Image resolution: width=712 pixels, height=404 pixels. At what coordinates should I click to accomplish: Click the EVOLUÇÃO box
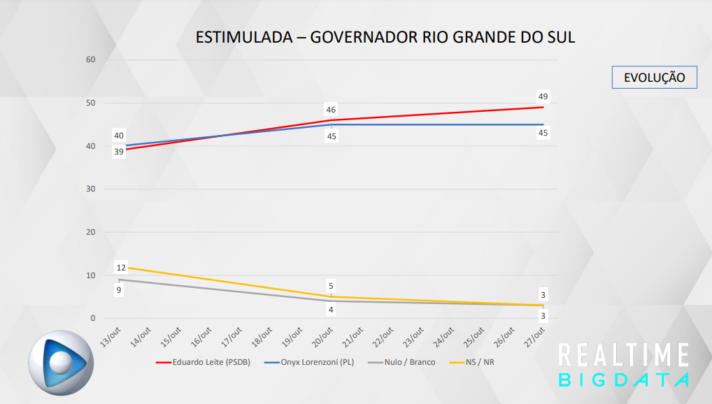(x=654, y=78)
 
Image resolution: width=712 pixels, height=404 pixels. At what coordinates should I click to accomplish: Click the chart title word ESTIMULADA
(x=242, y=37)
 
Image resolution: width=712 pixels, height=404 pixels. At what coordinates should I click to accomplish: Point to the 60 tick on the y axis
(x=91, y=60)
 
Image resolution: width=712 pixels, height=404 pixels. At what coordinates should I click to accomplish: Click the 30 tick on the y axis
(x=91, y=189)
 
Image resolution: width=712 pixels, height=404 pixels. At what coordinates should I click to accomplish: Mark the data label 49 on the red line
(x=543, y=96)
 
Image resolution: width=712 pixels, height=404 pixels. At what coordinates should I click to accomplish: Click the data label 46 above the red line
(x=331, y=110)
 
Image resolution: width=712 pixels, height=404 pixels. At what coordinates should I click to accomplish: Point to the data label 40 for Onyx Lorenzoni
(x=119, y=136)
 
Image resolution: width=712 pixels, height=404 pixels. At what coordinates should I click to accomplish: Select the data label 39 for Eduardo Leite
(x=119, y=152)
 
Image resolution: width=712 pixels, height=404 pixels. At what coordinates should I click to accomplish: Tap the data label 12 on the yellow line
(x=121, y=268)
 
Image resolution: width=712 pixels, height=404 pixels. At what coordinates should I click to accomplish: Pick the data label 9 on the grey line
(x=119, y=289)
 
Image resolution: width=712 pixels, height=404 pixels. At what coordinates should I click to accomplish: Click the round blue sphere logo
(x=60, y=362)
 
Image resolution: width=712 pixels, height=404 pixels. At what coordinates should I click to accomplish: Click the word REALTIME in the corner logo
(x=624, y=355)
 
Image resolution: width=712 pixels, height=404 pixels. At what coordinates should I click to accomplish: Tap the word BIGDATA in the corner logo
(x=624, y=380)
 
